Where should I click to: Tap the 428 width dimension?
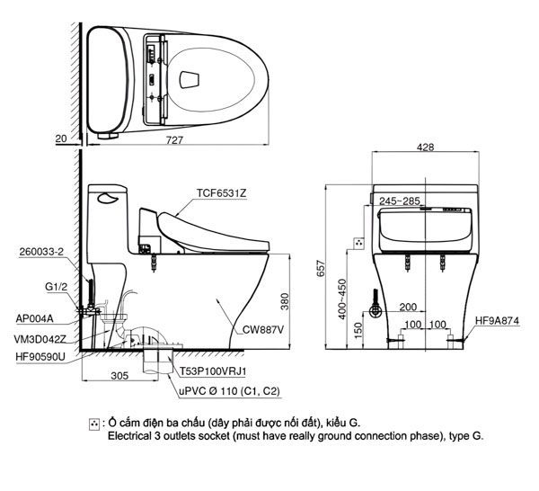click(427, 147)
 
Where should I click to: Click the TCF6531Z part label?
click(220, 193)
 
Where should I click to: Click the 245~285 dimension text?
click(399, 201)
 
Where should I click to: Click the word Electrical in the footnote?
click(134, 435)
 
